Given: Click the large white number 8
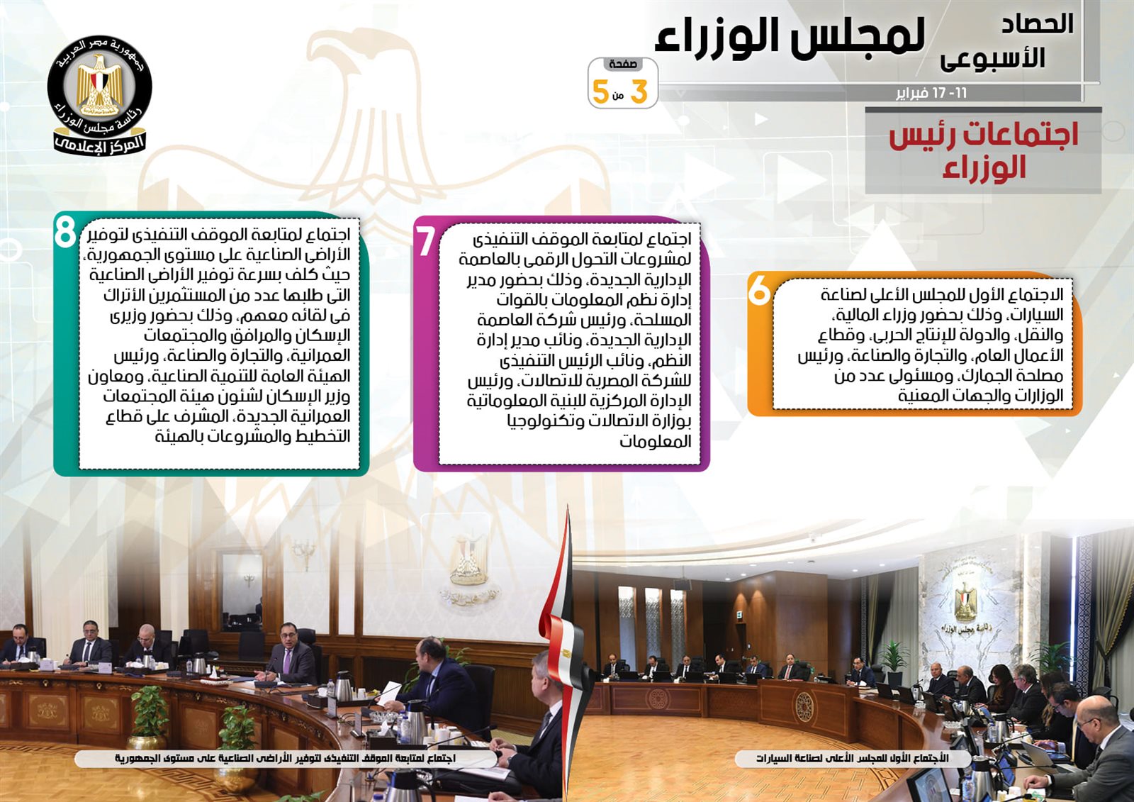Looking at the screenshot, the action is (x=64, y=232).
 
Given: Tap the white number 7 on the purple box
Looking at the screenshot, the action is (x=425, y=241).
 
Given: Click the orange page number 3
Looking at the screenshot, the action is (x=639, y=93).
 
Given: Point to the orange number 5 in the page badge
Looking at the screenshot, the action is (x=601, y=93).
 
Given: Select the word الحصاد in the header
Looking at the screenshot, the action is (x=1038, y=24).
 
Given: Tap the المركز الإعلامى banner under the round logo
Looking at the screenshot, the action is (x=100, y=142).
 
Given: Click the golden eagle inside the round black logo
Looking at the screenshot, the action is (x=100, y=86).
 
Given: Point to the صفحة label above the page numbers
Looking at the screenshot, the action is (x=623, y=65).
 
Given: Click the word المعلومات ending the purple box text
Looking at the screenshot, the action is (x=656, y=442).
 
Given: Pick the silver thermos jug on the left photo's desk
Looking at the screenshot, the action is (x=343, y=689).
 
